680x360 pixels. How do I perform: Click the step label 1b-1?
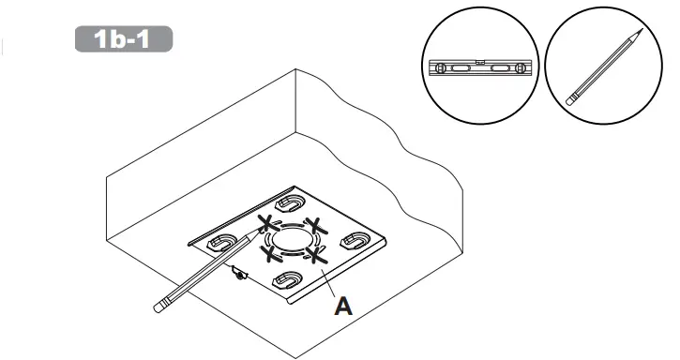(123, 39)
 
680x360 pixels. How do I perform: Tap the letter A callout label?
(344, 305)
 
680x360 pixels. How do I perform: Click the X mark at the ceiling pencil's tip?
(267, 223)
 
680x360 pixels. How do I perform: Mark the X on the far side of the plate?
(317, 225)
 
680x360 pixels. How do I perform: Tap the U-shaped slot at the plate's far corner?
(287, 204)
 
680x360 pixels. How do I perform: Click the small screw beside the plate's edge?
(240, 275)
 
